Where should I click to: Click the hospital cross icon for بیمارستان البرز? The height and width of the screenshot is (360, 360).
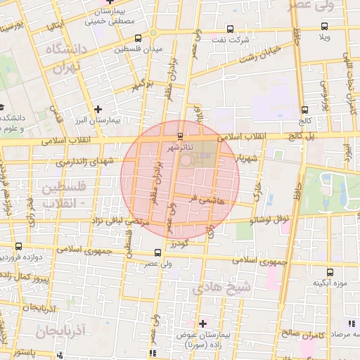point(98,109)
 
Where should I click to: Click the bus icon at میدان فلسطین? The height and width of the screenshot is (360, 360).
point(137,37)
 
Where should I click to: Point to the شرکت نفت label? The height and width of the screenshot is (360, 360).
point(235,41)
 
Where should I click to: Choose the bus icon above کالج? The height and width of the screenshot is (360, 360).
point(304,110)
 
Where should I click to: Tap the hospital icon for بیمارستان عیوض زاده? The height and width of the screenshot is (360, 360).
point(203,323)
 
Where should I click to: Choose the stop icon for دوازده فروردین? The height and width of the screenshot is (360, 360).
point(18,246)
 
